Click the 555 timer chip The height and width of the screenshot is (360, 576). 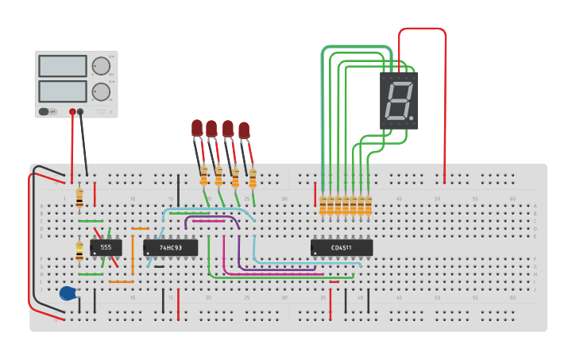click(x=106, y=247)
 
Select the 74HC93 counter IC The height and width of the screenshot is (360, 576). click(x=170, y=248)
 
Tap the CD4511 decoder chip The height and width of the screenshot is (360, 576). click(x=342, y=248)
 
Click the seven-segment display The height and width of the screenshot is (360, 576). click(x=399, y=100)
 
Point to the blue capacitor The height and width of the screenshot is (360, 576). click(x=69, y=293)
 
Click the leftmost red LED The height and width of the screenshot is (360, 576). click(x=197, y=127)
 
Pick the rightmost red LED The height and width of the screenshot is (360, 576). click(x=244, y=130)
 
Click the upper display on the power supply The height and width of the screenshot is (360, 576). click(x=63, y=66)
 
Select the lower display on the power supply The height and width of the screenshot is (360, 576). click(x=63, y=91)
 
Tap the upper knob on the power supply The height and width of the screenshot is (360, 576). click(x=101, y=66)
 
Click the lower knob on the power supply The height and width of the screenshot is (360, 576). click(x=101, y=91)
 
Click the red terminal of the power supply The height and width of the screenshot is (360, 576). click(x=72, y=112)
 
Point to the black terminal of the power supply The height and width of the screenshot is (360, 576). click(x=80, y=112)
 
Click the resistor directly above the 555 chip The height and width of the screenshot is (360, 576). click(x=79, y=198)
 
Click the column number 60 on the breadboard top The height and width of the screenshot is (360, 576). click(x=512, y=198)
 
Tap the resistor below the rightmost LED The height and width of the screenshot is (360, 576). click(x=253, y=178)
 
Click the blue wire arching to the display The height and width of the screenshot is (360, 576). click(x=356, y=48)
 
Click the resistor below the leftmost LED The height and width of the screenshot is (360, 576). click(x=203, y=176)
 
